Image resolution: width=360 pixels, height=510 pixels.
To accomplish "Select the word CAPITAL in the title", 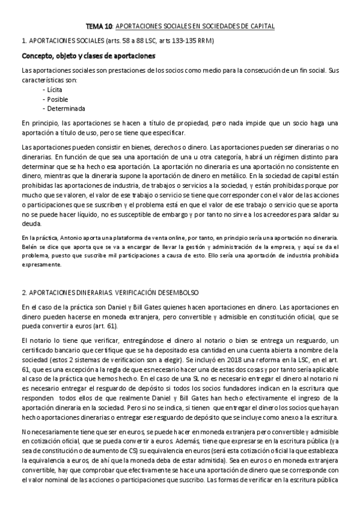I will point(261,27).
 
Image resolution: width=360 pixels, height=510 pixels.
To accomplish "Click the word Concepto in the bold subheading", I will point(37,57).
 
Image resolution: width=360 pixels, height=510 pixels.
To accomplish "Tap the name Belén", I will point(28,247).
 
